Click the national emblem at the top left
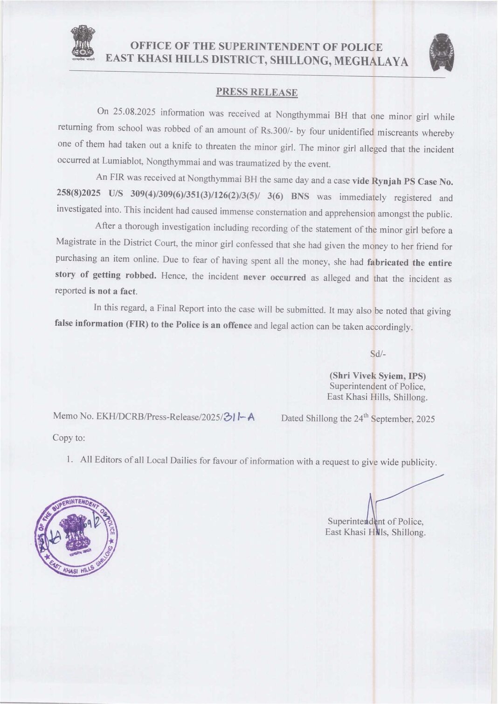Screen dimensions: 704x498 (83, 44)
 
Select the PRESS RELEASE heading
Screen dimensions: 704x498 (256, 92)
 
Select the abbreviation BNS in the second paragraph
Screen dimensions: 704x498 (299, 196)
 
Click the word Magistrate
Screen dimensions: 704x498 (76, 242)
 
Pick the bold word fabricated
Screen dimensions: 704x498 (388, 262)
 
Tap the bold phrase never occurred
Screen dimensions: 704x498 (275, 277)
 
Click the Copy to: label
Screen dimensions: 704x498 (69, 438)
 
